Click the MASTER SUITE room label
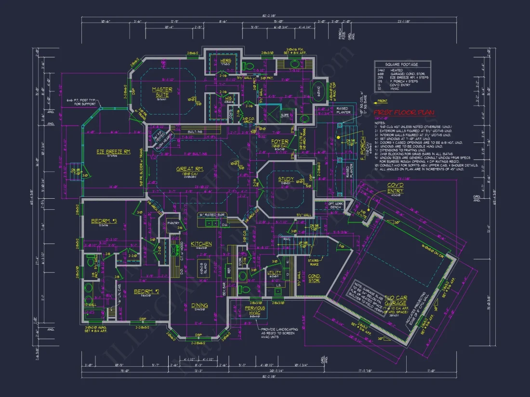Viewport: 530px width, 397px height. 162,92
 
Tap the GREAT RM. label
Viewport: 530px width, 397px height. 192,168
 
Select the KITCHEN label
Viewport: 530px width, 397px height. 201,244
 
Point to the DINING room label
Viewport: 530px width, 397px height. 199,305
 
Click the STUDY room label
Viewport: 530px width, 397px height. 286,179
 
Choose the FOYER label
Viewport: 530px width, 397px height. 279,142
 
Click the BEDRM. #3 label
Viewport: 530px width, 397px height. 104,221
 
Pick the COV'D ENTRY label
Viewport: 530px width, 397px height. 396,188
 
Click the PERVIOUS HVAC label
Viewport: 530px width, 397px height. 255,310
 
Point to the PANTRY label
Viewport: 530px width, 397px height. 173,223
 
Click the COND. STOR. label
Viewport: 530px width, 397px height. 314,278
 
